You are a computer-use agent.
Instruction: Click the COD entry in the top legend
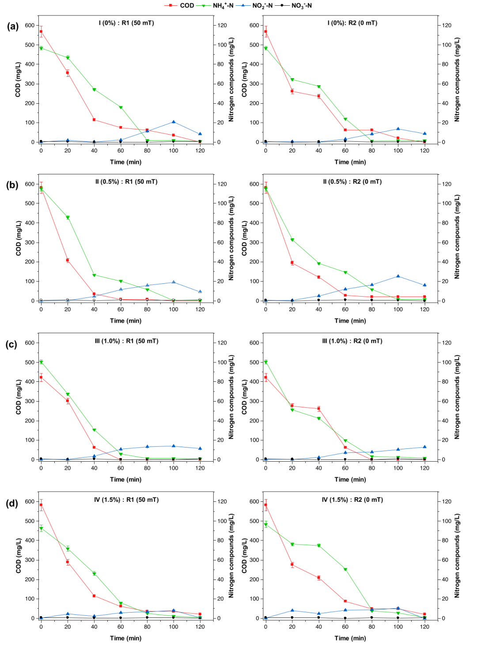[x=186, y=5]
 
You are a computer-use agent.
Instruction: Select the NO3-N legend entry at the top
[x=301, y=6]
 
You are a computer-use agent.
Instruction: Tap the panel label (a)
[x=13, y=26]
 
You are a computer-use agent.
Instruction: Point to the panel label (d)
[x=12, y=503]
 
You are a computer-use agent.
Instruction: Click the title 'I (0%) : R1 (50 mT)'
[x=126, y=23]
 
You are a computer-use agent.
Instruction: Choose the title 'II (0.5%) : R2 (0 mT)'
[x=352, y=181]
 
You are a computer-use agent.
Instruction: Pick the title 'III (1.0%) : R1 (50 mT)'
[x=126, y=341]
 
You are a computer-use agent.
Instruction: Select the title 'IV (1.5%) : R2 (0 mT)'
[x=352, y=500]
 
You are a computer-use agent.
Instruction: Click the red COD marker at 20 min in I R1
[x=68, y=72]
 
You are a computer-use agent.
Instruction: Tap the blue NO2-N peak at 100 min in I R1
[x=174, y=122]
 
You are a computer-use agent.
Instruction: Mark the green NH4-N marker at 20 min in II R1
[x=68, y=218]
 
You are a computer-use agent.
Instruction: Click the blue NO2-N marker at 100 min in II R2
[x=398, y=276]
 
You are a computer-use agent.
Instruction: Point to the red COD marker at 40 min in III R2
[x=318, y=409]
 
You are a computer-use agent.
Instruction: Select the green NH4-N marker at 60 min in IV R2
[x=345, y=569]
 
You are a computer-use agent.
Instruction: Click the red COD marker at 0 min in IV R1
[x=41, y=505]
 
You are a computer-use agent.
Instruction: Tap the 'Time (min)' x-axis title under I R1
[x=125, y=162]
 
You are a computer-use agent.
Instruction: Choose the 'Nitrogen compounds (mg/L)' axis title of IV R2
[x=457, y=556]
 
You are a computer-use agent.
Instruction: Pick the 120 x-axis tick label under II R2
[x=424, y=309]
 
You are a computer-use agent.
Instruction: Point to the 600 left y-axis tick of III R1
[x=30, y=342]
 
